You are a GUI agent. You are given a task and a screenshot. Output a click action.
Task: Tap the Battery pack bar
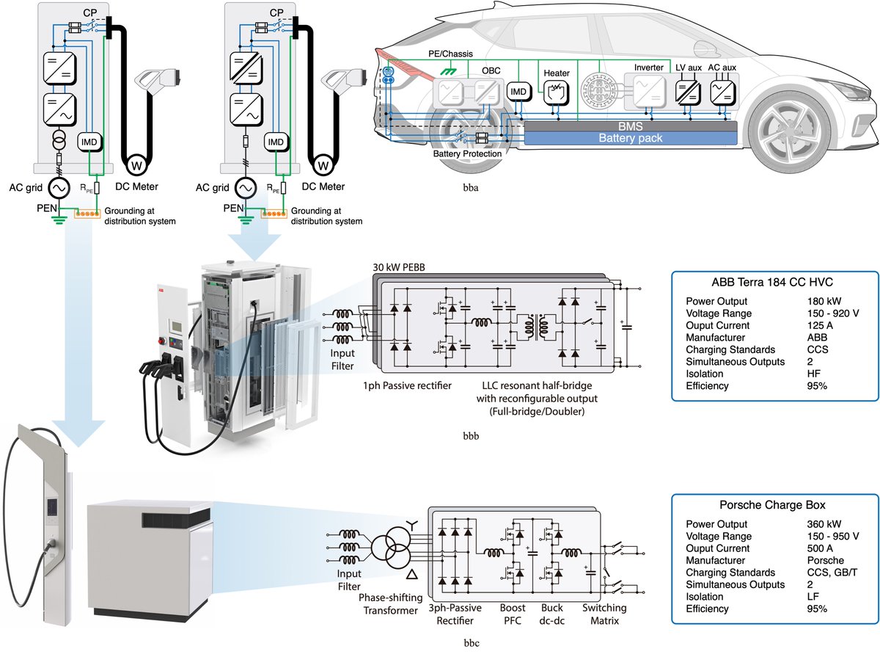point(631,138)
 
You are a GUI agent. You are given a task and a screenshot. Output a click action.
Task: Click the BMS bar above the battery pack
point(631,127)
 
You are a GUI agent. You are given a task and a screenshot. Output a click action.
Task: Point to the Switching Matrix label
point(605,614)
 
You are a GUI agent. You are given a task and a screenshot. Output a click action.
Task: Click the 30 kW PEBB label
point(392,266)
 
